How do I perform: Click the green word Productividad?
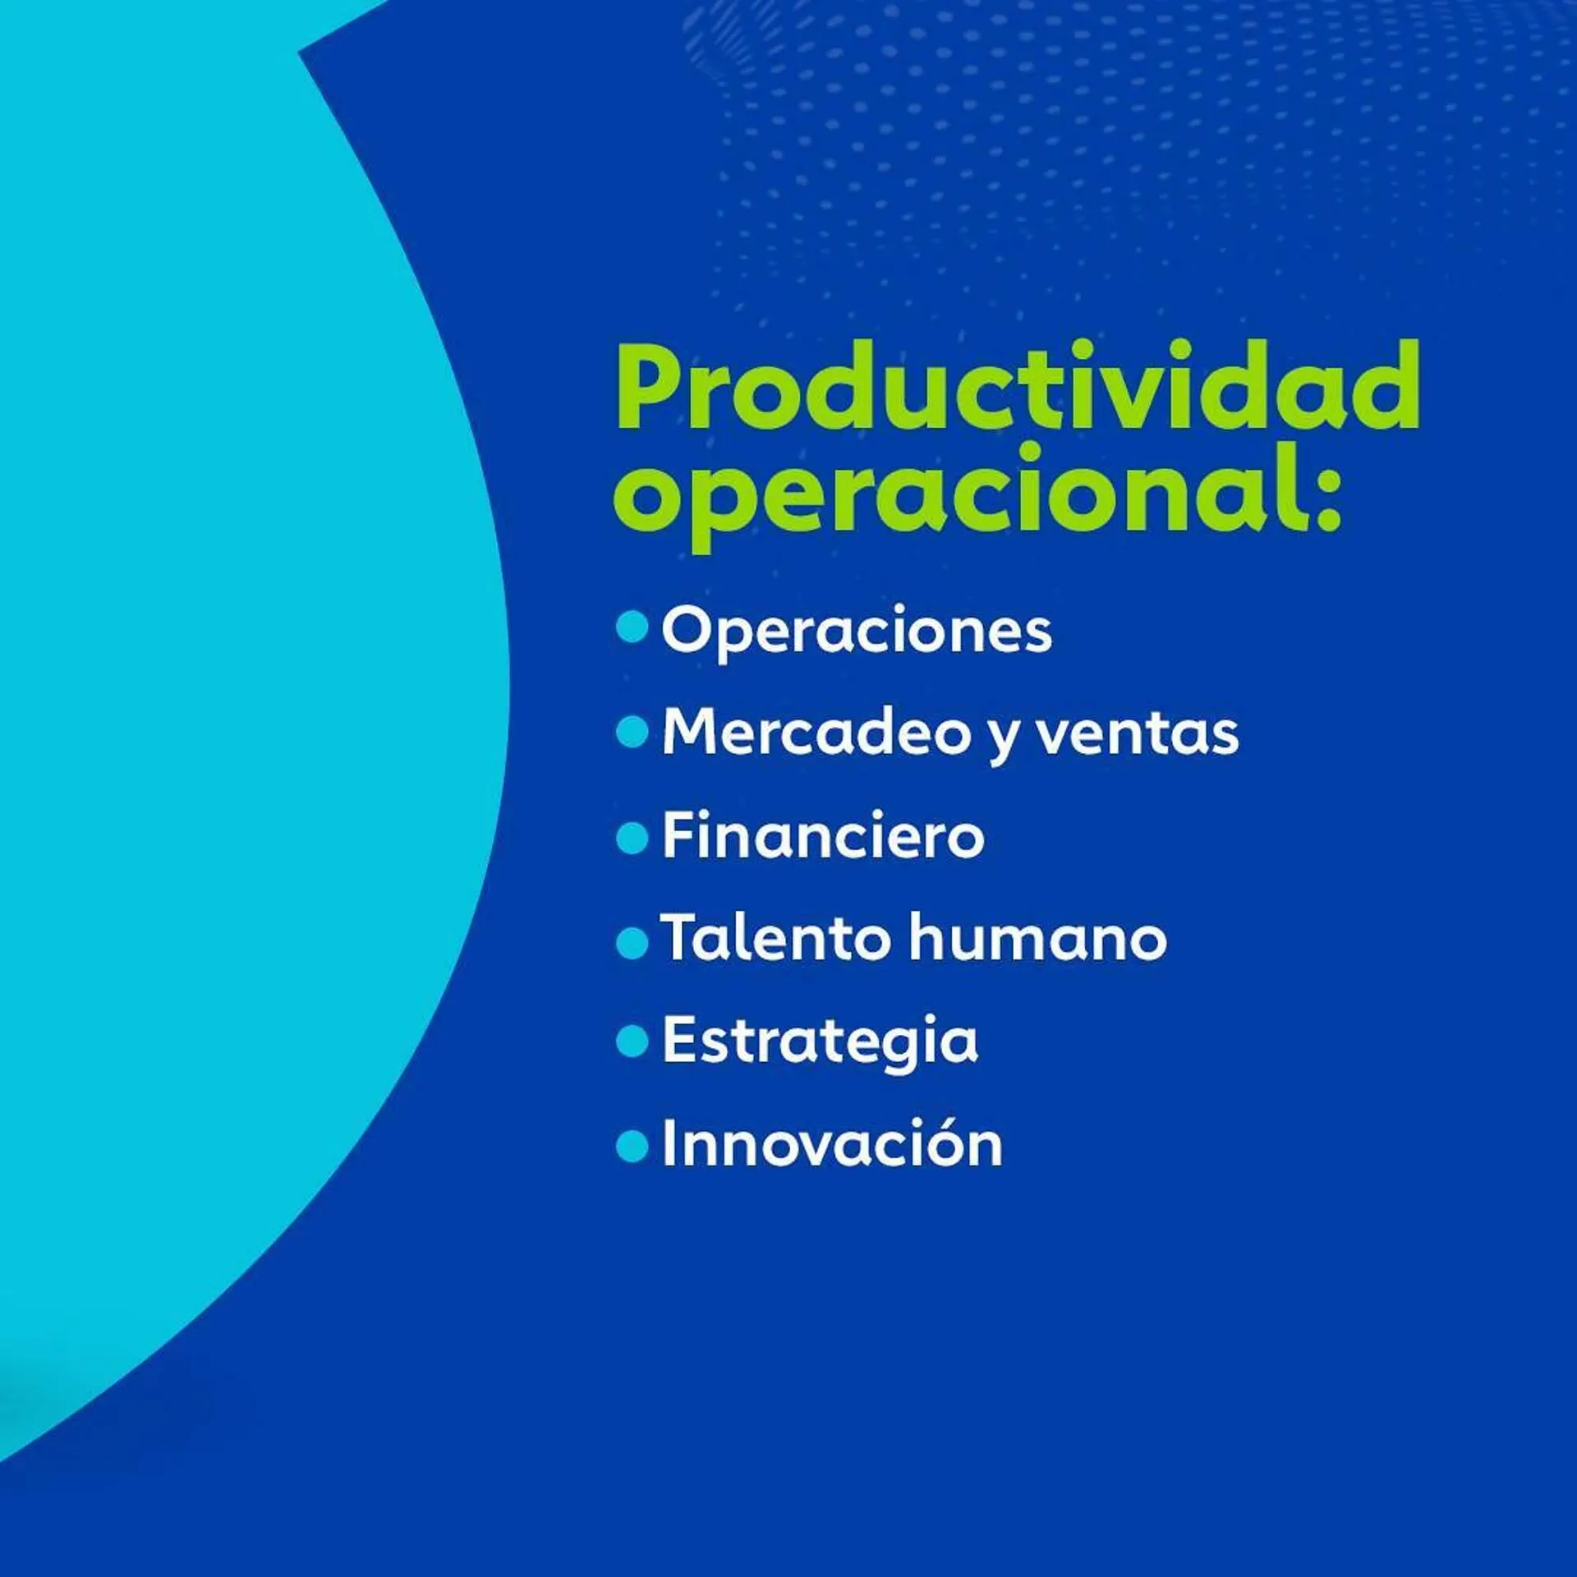(x=1017, y=386)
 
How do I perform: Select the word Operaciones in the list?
(x=856, y=631)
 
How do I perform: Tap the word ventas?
(x=1137, y=733)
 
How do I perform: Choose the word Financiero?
(x=823, y=835)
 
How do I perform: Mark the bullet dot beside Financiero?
(x=632, y=839)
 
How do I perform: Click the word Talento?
(x=775, y=937)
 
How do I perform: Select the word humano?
(x=1038, y=938)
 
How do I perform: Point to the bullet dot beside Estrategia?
(x=632, y=1042)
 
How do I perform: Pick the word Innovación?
(x=832, y=1143)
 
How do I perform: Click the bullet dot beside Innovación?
(x=632, y=1147)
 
